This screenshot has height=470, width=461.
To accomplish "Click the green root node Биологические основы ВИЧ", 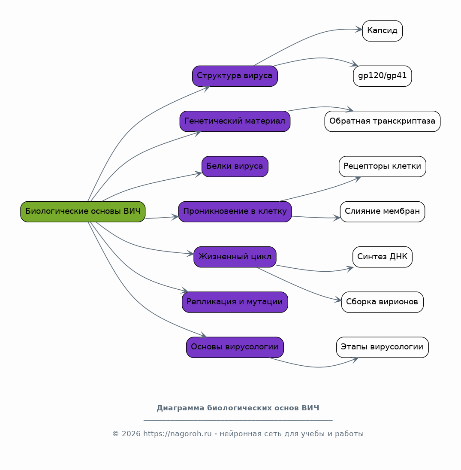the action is [83, 212].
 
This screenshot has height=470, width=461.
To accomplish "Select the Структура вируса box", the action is [235, 76].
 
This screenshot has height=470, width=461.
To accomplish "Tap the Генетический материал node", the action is [235, 121].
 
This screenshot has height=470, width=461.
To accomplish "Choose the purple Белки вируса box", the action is [235, 167].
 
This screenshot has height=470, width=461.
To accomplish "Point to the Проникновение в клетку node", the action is [235, 212].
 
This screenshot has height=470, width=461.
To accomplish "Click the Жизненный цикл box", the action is [235, 257].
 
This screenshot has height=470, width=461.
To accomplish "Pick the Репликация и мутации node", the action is [235, 302].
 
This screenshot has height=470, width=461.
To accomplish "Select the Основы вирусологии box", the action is [235, 347].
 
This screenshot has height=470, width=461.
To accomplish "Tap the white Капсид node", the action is [382, 31].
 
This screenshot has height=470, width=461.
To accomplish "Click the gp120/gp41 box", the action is [382, 76].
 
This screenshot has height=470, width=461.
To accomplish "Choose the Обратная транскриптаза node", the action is [382, 121].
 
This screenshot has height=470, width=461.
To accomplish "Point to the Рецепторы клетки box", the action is [382, 167].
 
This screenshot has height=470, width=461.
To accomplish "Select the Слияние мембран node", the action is [382, 212].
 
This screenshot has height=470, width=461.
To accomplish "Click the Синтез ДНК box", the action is [382, 257].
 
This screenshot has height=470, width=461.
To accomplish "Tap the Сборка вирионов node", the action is [382, 302].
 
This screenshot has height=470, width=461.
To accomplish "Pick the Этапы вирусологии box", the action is [382, 347].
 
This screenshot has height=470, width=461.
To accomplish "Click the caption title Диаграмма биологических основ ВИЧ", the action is [238, 408].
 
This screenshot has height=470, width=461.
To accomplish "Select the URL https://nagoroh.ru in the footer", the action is [178, 434].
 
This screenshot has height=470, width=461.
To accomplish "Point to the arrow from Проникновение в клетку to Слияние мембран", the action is [316, 217].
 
